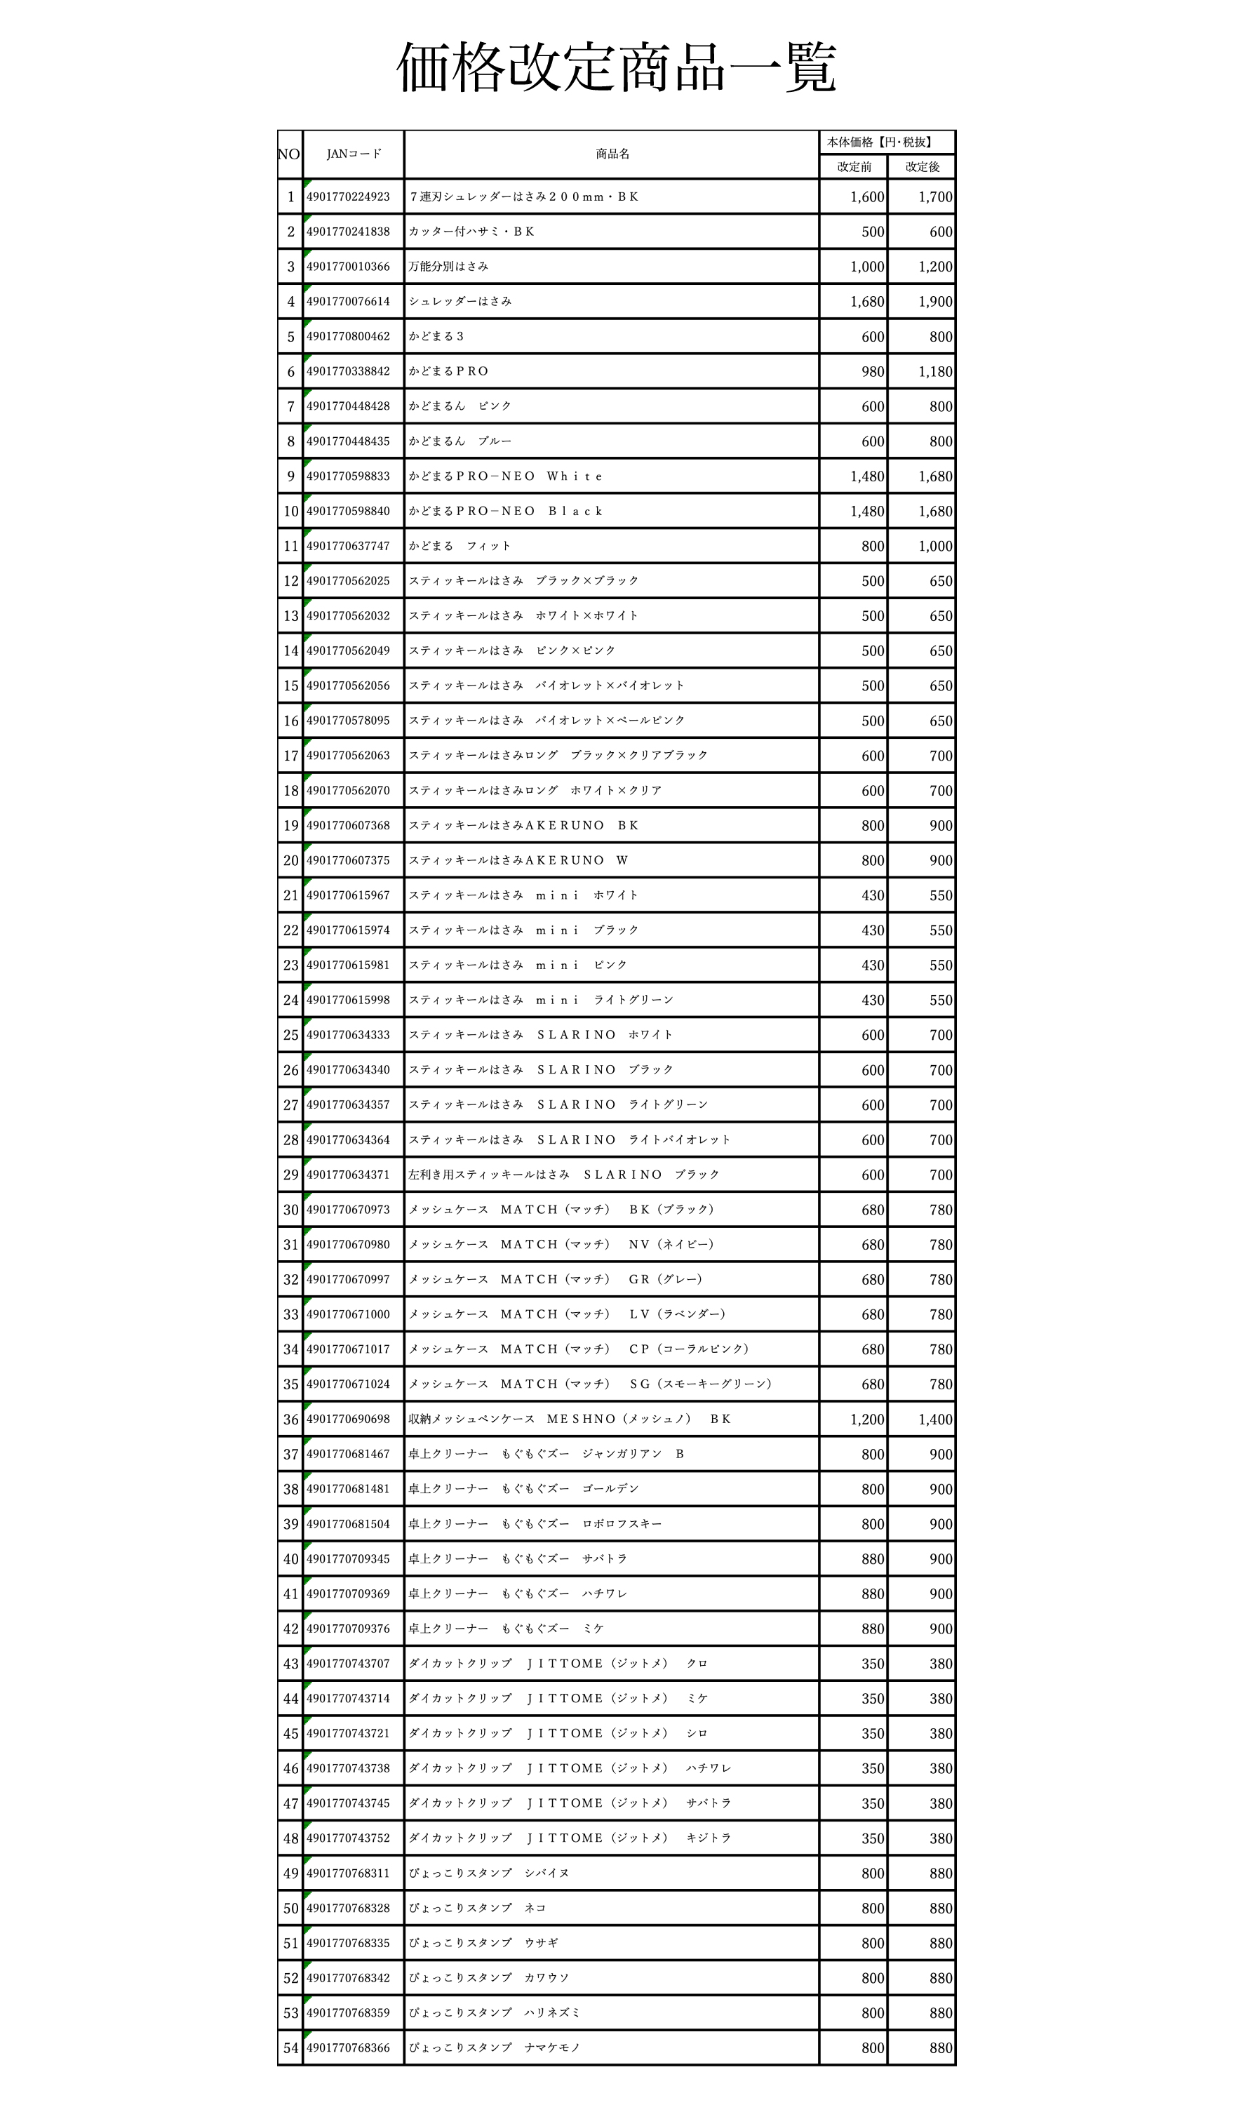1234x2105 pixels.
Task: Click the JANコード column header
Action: coord(353,154)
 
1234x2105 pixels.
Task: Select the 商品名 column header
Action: coord(612,154)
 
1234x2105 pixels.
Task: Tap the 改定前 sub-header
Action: coord(853,167)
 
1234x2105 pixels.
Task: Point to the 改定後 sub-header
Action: coord(922,167)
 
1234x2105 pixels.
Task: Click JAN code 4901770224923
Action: coord(348,197)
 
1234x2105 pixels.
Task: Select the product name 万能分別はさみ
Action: coord(448,267)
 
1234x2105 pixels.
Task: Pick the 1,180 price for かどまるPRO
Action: coord(935,372)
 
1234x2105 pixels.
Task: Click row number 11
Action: coord(290,547)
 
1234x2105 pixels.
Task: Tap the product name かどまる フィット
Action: coord(460,547)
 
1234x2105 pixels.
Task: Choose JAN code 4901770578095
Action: coord(348,721)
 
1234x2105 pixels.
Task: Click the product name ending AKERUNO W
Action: coord(518,860)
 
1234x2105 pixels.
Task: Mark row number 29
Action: coord(290,1175)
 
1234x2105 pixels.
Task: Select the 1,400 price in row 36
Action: coord(935,1419)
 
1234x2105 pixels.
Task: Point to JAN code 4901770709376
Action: coord(348,1629)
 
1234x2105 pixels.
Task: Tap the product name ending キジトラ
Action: coord(570,1838)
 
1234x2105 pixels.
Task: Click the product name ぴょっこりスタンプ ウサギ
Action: coord(483,1943)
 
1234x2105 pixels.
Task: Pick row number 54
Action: coord(290,2047)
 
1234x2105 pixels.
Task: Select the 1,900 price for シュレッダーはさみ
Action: coord(935,302)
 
